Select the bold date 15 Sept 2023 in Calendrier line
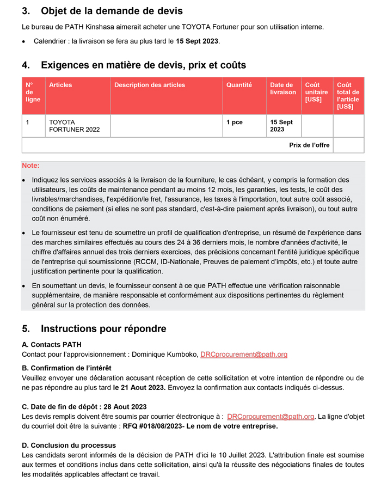[197, 41]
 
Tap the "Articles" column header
[60, 85]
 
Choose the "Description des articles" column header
[150, 85]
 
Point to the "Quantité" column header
[239, 85]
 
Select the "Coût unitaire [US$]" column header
[316, 92]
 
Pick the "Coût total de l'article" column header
[348, 95]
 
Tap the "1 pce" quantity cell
[235, 123]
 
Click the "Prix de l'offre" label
[309, 145]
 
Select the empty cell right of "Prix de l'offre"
[348, 145]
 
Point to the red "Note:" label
[30, 166]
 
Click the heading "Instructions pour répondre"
[103, 328]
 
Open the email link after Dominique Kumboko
[243, 355]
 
